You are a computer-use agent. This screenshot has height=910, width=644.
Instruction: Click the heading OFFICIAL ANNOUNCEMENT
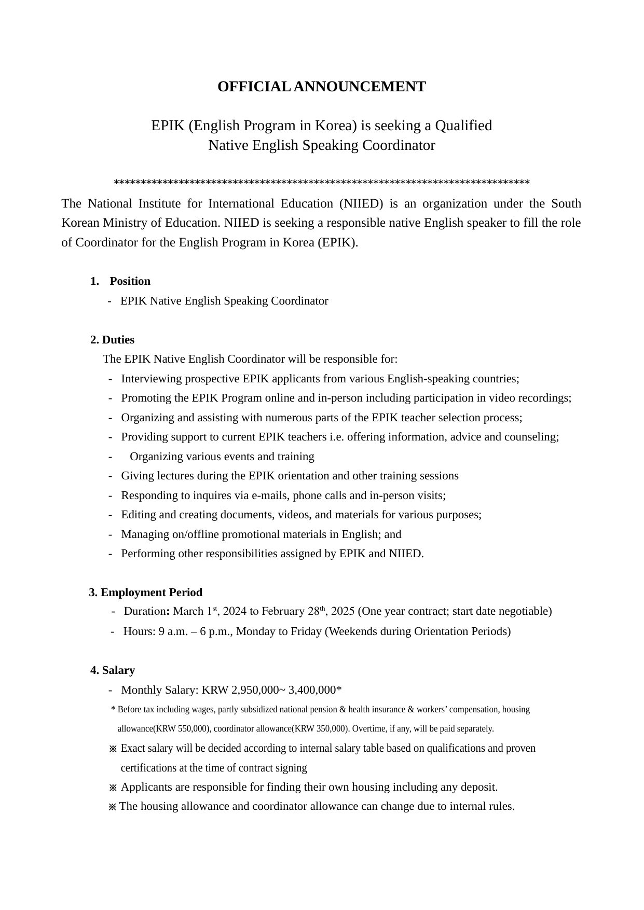tap(321, 87)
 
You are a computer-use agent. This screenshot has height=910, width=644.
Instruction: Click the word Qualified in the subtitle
tap(463, 126)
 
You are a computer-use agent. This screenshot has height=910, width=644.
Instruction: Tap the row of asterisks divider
tap(321, 183)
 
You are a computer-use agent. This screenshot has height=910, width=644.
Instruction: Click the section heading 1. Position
tap(120, 281)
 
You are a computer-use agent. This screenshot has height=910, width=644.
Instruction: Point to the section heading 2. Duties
tap(112, 340)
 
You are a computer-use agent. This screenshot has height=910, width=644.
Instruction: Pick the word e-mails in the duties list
tap(270, 495)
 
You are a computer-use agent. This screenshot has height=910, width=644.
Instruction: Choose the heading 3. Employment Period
tap(146, 592)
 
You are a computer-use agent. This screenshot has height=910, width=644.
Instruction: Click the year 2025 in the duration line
tap(342, 611)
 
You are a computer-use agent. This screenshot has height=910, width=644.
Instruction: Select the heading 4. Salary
tap(113, 670)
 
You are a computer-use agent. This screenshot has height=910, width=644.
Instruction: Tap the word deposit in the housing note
tap(478, 787)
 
